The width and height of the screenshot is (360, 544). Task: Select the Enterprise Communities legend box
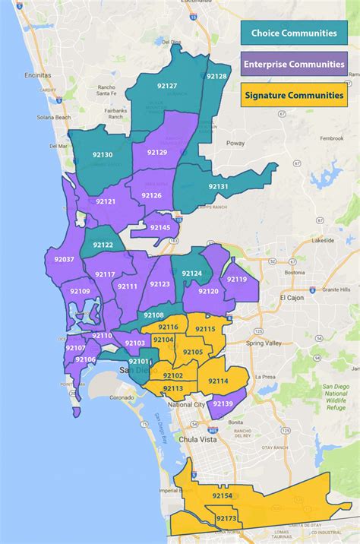point(294,65)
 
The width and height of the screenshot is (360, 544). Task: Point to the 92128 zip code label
point(217,77)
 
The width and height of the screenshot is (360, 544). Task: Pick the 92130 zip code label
point(103,155)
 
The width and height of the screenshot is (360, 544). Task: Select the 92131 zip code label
point(218,187)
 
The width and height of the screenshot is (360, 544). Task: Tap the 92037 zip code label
point(61,260)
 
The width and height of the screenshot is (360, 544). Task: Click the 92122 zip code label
point(103,245)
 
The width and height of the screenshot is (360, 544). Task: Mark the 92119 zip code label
point(237,280)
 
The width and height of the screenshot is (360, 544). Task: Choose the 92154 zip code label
point(222,495)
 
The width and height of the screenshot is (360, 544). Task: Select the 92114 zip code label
point(218,381)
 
